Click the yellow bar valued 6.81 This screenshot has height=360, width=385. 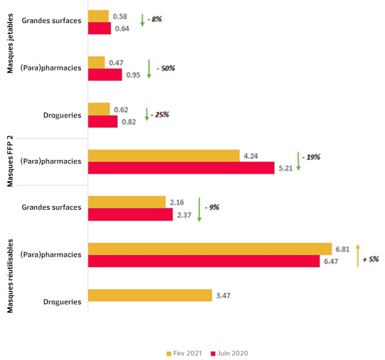click(209, 249)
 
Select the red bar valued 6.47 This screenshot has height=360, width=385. click(203, 261)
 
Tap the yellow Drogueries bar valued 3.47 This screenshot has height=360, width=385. click(149, 295)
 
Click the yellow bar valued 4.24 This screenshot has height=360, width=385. click(163, 156)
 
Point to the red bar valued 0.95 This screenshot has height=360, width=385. click(105, 75)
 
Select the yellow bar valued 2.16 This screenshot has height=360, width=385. click(126, 202)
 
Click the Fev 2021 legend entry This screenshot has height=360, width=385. click(184, 353)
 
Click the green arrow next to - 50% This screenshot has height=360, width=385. click(149, 69)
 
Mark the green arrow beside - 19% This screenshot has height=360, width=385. click(299, 162)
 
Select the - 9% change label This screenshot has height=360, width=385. click(212, 208)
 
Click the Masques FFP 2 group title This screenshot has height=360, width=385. click(10, 162)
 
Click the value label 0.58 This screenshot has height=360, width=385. click(120, 16)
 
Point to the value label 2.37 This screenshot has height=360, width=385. click(184, 215)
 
